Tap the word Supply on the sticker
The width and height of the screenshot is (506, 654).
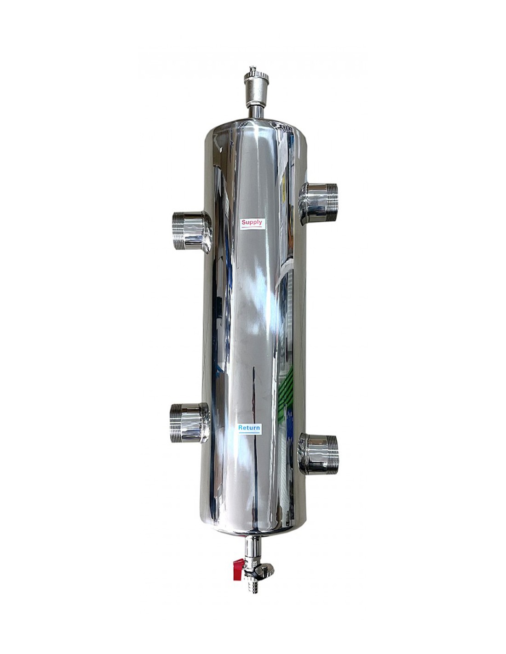(x=252, y=222)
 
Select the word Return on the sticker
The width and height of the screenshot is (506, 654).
(x=249, y=427)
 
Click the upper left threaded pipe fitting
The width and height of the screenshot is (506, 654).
(x=192, y=230)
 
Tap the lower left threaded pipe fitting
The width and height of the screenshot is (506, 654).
(x=190, y=423)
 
